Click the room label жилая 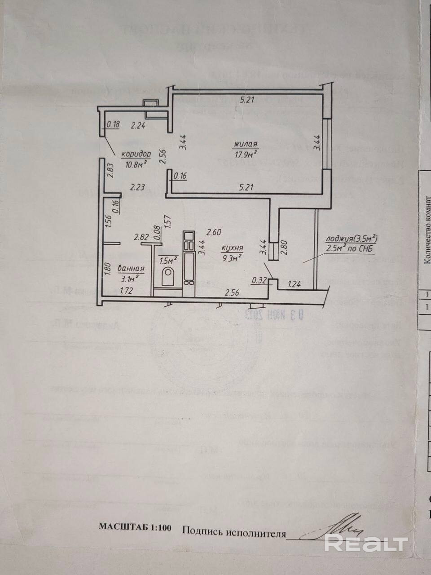click(245, 144)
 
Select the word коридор click(136, 154)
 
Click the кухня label click(233, 248)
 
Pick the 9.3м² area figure click(232, 257)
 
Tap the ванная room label click(131, 269)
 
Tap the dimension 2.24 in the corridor click(138, 126)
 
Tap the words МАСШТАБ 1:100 click(135, 528)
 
